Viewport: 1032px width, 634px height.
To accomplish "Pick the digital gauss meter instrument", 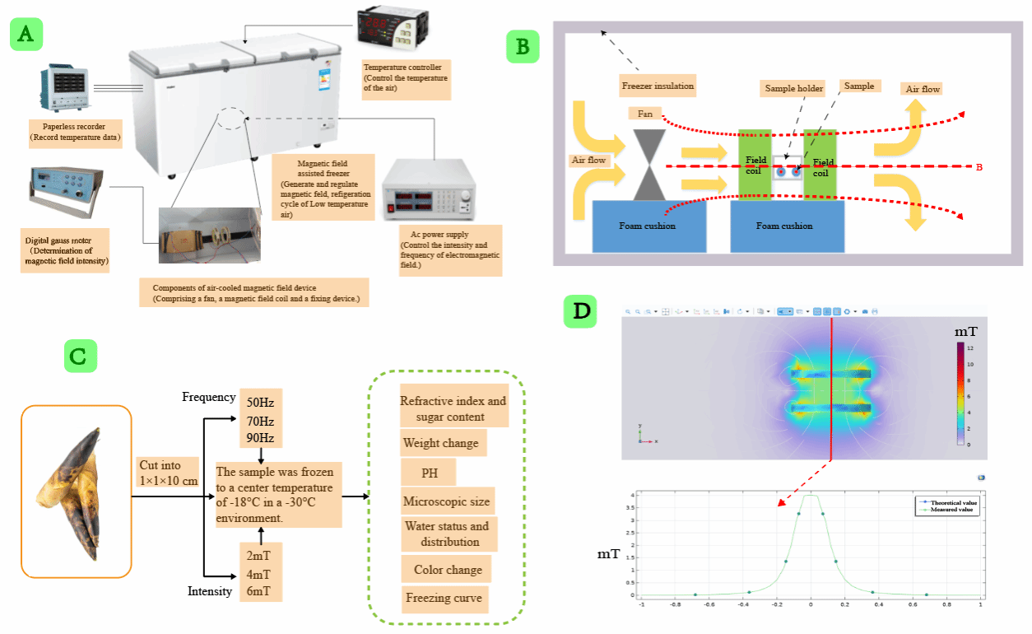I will pyautogui.click(x=66, y=189).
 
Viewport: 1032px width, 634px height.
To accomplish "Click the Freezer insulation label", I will pyautogui.click(x=657, y=85).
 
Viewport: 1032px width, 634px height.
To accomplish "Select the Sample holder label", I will pyautogui.click(x=793, y=89).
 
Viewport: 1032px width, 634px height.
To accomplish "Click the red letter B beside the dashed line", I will pyautogui.click(x=979, y=167).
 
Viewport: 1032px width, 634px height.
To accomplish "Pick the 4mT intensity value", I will pyautogui.click(x=259, y=574).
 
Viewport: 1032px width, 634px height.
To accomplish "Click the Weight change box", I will pyautogui.click(x=440, y=443).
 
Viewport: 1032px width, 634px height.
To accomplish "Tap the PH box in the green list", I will pyautogui.click(x=428, y=473).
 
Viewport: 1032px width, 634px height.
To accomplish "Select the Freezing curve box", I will pyautogui.click(x=444, y=599).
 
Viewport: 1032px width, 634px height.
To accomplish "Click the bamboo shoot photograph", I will pyautogui.click(x=76, y=491).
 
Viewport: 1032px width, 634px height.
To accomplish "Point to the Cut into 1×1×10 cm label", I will pyautogui.click(x=168, y=473).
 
